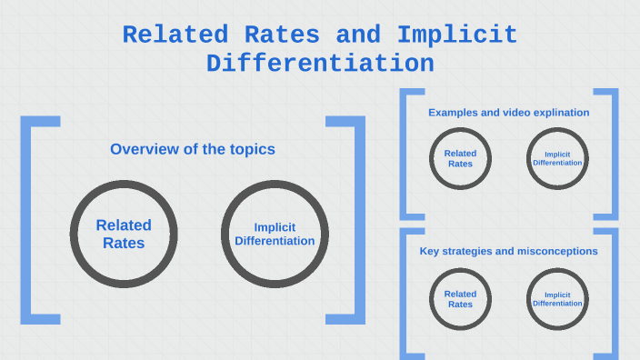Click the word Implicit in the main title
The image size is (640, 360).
point(457,35)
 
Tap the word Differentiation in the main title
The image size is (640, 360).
point(320,64)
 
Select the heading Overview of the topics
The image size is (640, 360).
point(193,149)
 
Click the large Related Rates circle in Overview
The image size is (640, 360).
point(124,234)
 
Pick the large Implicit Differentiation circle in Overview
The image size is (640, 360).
point(275,234)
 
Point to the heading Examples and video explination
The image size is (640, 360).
point(509,113)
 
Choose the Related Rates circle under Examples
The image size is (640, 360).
point(460,159)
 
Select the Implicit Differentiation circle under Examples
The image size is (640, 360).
point(557,159)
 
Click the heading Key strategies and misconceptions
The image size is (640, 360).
point(508,251)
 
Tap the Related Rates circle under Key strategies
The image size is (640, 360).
point(460,299)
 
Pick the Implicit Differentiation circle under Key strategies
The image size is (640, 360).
point(557,299)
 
